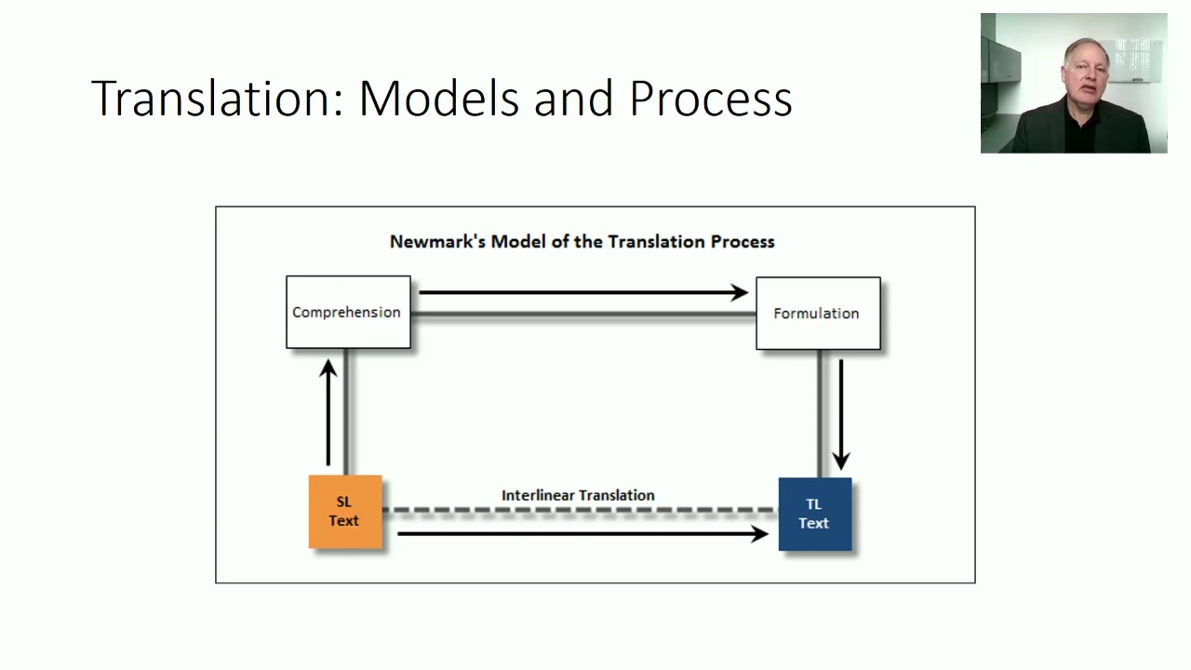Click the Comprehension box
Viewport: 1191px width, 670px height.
[348, 312]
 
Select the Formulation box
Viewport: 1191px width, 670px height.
[818, 314]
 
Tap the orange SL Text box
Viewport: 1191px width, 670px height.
[345, 512]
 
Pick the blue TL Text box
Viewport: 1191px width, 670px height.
[815, 515]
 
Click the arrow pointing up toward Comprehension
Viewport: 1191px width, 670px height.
[328, 412]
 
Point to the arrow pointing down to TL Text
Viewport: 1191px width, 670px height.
[841, 415]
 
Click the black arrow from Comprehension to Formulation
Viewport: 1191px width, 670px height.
[583, 292]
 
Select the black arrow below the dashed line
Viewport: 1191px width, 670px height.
[582, 533]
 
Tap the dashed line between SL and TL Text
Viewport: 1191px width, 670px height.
[581, 510]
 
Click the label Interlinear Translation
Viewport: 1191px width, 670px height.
[578, 496]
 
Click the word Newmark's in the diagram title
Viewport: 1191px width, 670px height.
[437, 242]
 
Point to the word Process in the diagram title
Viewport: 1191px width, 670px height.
[743, 242]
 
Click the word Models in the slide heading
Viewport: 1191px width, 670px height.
[439, 99]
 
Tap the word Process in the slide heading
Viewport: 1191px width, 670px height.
[711, 100]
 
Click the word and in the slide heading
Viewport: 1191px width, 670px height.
[574, 99]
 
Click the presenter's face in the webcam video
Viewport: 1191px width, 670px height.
[1086, 71]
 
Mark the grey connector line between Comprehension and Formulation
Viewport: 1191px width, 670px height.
[583, 315]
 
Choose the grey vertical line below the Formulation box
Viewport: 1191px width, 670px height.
[820, 414]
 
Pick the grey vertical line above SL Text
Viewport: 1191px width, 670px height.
[346, 412]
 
